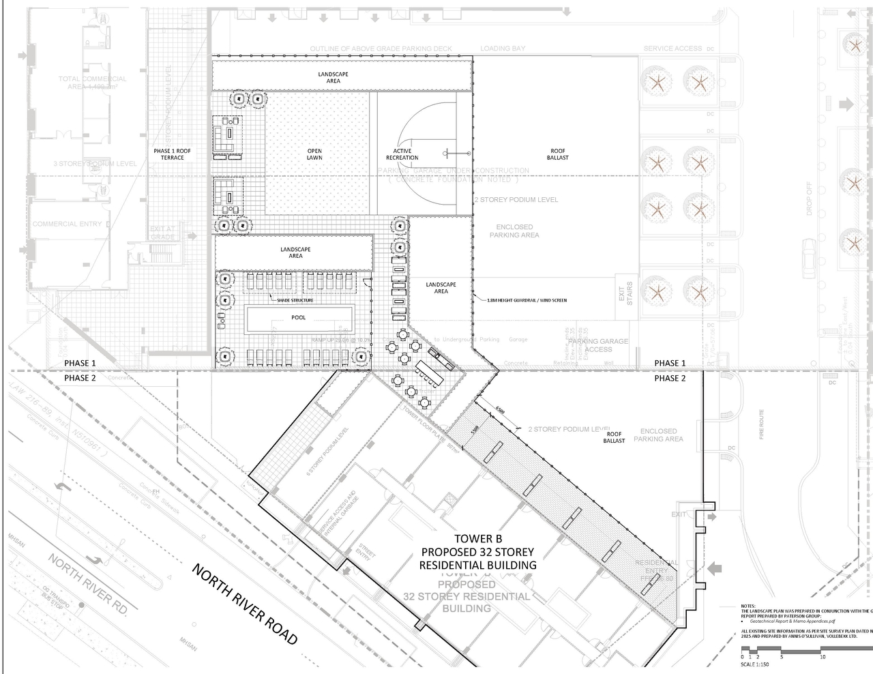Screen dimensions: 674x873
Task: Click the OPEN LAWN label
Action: pyautogui.click(x=314, y=154)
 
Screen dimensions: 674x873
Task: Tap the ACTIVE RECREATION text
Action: pyautogui.click(x=402, y=154)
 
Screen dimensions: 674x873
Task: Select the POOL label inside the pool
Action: pyautogui.click(x=299, y=317)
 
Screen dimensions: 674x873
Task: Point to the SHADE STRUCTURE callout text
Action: pyautogui.click(x=295, y=300)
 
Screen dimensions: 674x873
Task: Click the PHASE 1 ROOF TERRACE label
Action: pyautogui.click(x=172, y=154)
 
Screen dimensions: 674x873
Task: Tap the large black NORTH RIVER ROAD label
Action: pyautogui.click(x=245, y=604)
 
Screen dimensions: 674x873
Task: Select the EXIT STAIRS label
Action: pyautogui.click(x=625, y=293)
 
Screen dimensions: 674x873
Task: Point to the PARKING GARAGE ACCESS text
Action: pyautogui.click(x=598, y=345)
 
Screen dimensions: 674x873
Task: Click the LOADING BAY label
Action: pyautogui.click(x=503, y=48)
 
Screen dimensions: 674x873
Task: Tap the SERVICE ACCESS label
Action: pyautogui.click(x=672, y=48)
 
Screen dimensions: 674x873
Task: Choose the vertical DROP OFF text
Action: pyautogui.click(x=810, y=197)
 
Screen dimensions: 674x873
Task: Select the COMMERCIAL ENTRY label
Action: pyautogui.click(x=68, y=224)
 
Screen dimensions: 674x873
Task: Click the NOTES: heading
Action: pyautogui.click(x=748, y=605)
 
